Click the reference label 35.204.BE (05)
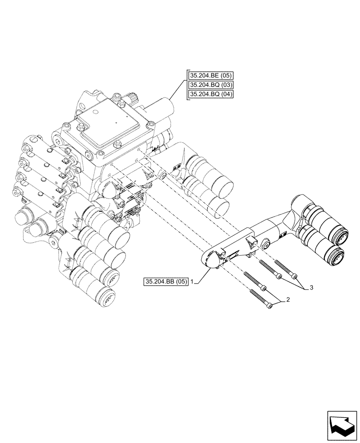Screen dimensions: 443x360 [x=212, y=75]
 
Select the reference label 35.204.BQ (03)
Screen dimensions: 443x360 [x=212, y=85]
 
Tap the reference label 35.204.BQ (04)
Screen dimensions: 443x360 [x=212, y=94]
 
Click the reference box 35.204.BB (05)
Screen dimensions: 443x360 [x=166, y=281]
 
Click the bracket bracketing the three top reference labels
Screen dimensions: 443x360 [x=188, y=85]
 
